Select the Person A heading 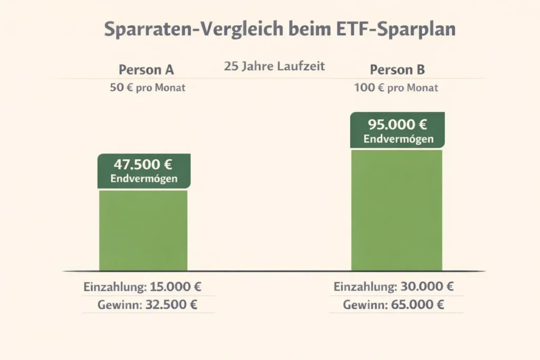[x=146, y=70]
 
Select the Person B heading [x=397, y=70]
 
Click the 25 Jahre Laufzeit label [x=274, y=67]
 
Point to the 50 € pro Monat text [x=147, y=88]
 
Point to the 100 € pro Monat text [x=396, y=88]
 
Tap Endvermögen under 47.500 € [x=143, y=179]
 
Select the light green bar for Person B [x=397, y=211]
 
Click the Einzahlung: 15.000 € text [x=142, y=288]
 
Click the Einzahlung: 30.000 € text [x=393, y=287]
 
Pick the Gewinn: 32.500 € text [x=147, y=305]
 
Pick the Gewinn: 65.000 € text [x=393, y=305]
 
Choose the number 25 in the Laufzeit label [x=230, y=67]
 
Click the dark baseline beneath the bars [x=274, y=271]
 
